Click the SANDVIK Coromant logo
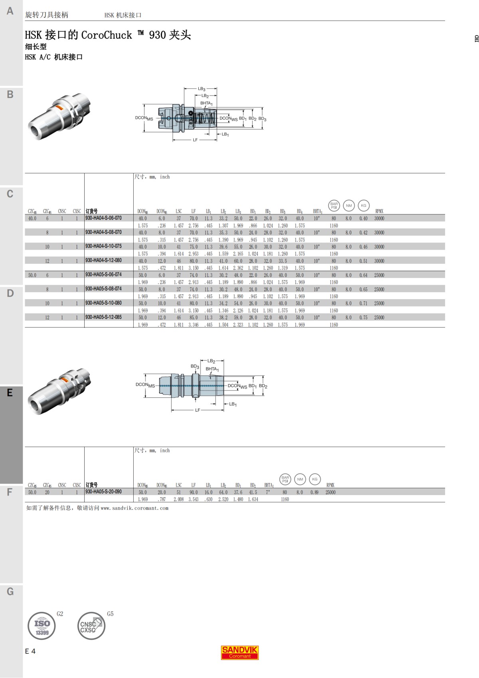pos(240,652)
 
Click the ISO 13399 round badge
pos(42,626)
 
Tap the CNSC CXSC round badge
pos(91,626)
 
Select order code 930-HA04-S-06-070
pos(103,218)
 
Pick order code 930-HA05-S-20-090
pos(103,492)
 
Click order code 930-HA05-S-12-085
pos(103,317)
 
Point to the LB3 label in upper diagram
pos(202,89)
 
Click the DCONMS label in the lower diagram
pos(145,385)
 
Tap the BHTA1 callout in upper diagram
pos(206,103)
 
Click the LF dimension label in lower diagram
pos(198,410)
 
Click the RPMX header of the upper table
pos(379,211)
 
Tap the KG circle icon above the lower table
pos(315,479)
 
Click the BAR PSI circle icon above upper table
pos(334,206)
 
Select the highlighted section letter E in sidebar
pos(10,393)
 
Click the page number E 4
pos(30,651)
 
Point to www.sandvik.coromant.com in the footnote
pos(135,508)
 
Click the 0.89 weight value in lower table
pos(315,492)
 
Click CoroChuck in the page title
pos(107,35)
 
